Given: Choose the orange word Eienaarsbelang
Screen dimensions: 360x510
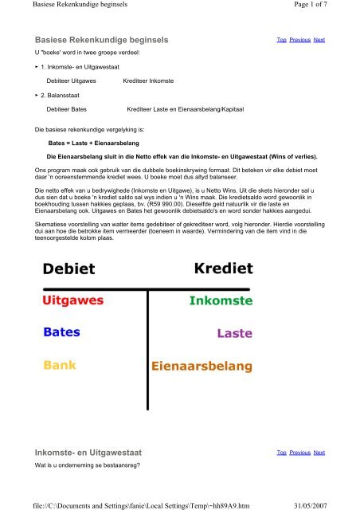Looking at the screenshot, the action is click(x=202, y=367).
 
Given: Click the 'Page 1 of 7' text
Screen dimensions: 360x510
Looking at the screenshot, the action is click(x=324, y=7).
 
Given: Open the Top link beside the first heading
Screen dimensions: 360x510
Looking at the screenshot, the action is click(x=280, y=39).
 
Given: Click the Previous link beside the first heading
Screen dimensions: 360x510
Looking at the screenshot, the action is click(x=299, y=39).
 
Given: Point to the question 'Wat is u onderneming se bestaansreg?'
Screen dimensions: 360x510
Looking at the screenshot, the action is click(x=88, y=464).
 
